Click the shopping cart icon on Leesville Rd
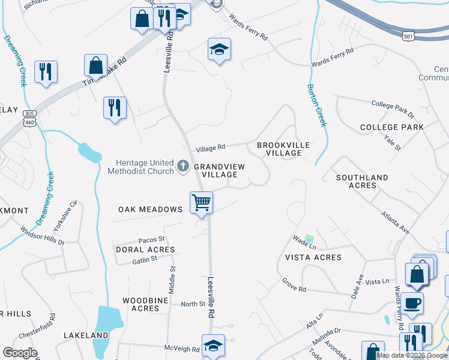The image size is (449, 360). pyautogui.click(x=202, y=202)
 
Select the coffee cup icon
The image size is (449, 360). pyautogui.click(x=412, y=303)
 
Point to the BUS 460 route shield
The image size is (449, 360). pyautogui.click(x=29, y=118)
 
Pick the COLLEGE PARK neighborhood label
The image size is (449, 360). pyautogui.click(x=391, y=127)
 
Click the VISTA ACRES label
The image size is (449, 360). pyautogui.click(x=313, y=257)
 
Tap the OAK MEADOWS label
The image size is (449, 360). pyautogui.click(x=150, y=209)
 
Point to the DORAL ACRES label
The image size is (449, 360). pyautogui.click(x=145, y=249)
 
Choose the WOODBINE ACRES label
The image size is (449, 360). pyautogui.click(x=140, y=304)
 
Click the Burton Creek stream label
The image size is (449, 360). pyautogui.click(x=316, y=105)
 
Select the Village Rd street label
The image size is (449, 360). pyautogui.click(x=210, y=147)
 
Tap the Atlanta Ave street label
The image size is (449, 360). pyautogui.click(x=396, y=222)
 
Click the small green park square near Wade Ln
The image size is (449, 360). pyautogui.click(x=309, y=239)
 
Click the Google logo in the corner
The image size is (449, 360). pyautogui.click(x=20, y=353)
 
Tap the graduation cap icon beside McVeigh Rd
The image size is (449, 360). pyautogui.click(x=213, y=346)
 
